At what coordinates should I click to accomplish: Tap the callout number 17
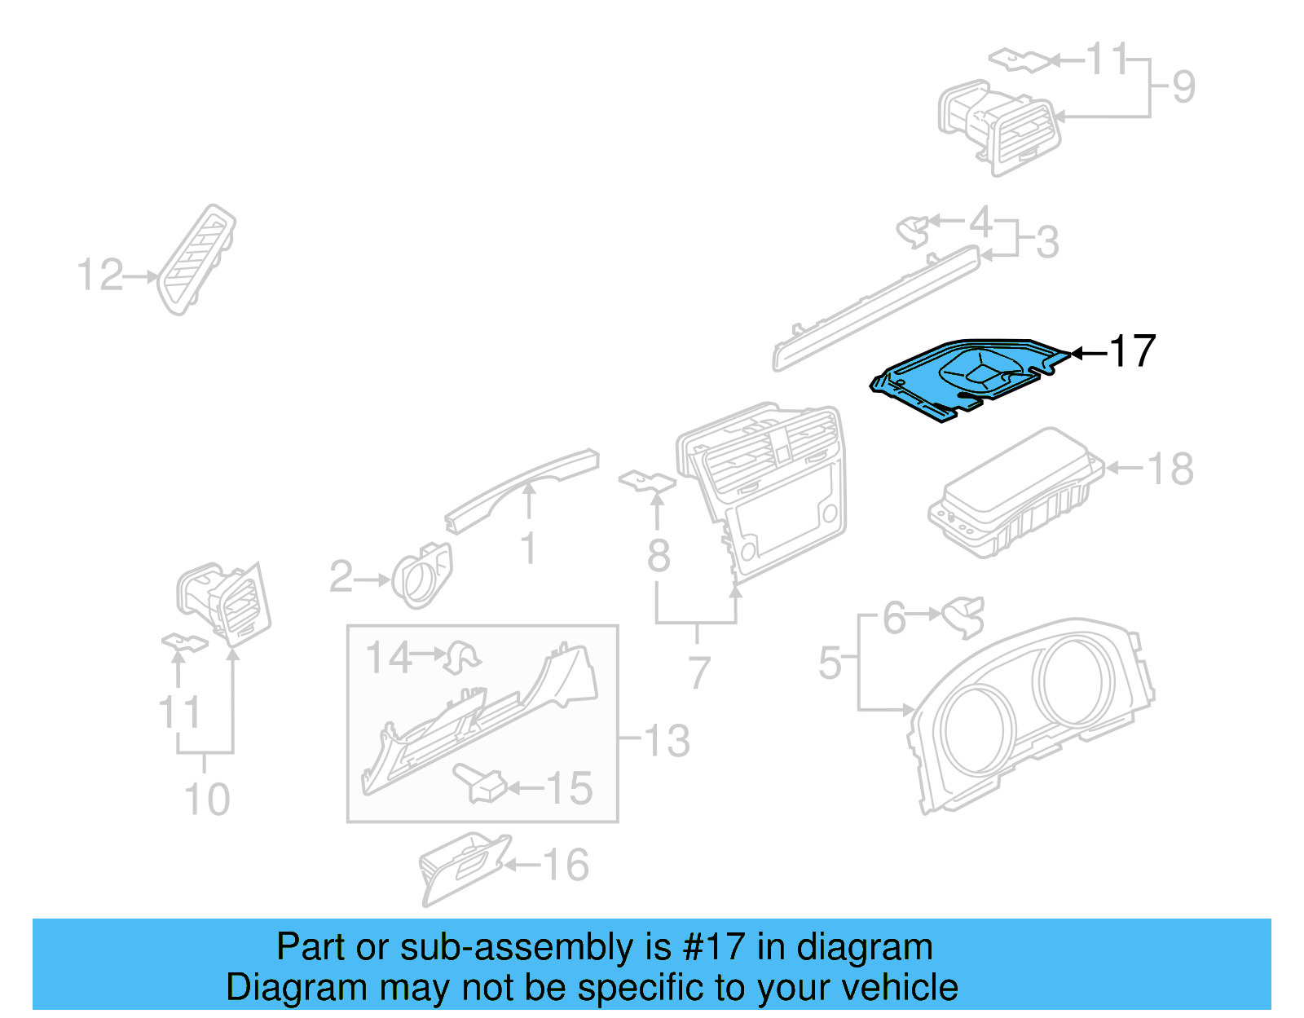click(x=1133, y=351)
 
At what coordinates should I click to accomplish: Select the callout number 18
click(x=1170, y=469)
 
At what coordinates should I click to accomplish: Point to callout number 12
click(x=99, y=275)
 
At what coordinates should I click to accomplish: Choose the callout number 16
click(x=566, y=865)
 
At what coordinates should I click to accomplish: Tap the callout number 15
click(x=569, y=788)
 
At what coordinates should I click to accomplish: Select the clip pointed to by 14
click(x=462, y=657)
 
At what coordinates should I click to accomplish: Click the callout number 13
click(x=667, y=741)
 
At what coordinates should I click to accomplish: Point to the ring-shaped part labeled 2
click(x=421, y=577)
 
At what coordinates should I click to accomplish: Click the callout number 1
click(x=529, y=548)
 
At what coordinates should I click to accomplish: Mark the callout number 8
click(x=659, y=556)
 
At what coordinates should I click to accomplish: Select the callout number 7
click(x=698, y=672)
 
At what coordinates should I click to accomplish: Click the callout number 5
click(x=830, y=662)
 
